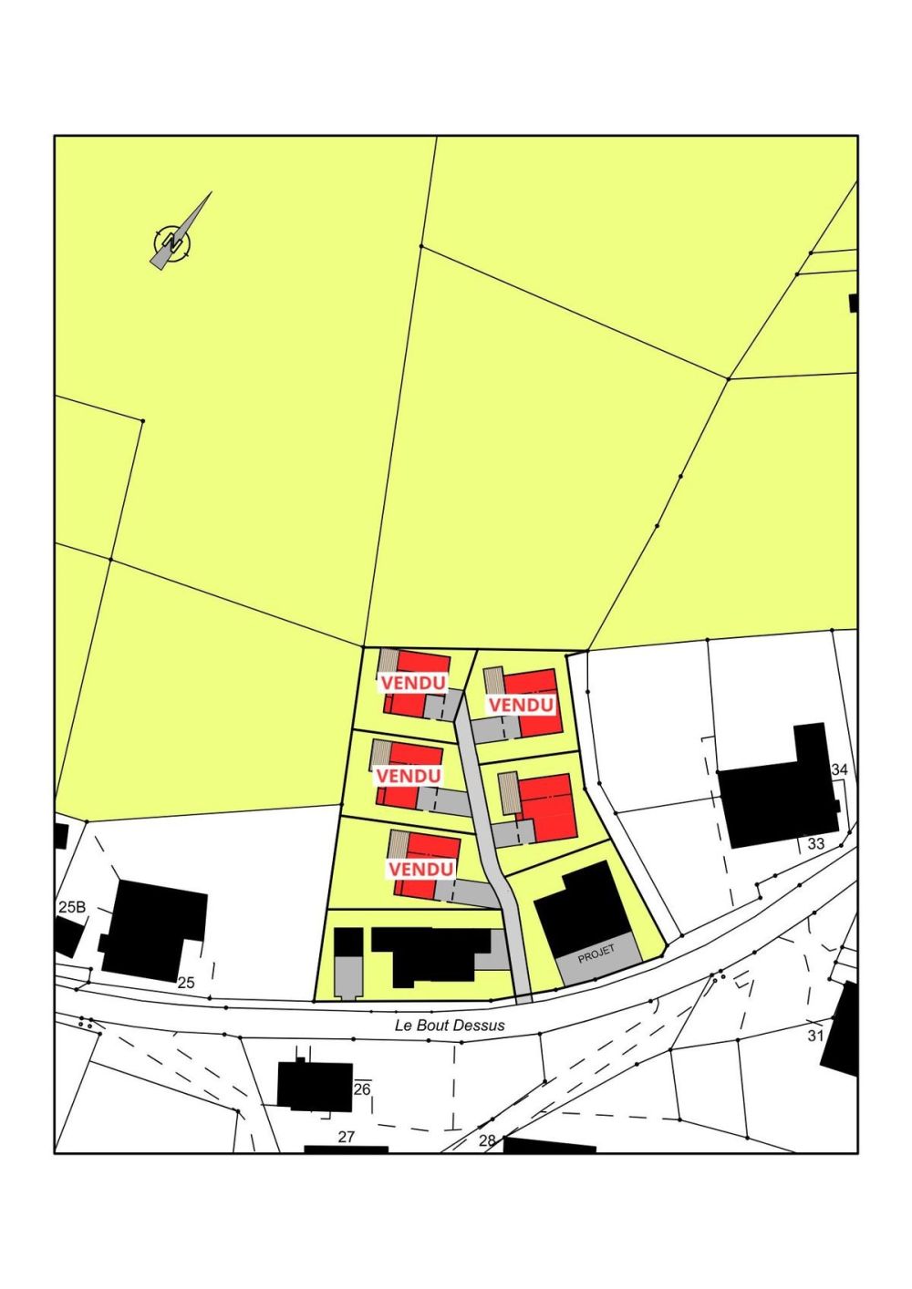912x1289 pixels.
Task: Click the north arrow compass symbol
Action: pos(172,242)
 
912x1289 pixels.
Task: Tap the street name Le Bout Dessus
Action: pos(450,1025)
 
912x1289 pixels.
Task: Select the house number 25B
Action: pos(71,907)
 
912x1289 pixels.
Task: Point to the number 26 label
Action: pos(362,1088)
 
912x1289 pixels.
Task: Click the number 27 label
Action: pos(346,1137)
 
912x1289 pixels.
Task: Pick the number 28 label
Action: pos(487,1140)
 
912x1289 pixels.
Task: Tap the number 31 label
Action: pos(815,1036)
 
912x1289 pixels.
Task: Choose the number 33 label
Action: pos(816,844)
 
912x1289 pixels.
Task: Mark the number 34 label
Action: pos(840,770)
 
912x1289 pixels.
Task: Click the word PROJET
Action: pos(596,954)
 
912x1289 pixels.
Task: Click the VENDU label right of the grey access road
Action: pos(521,705)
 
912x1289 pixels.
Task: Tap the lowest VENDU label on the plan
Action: pos(420,869)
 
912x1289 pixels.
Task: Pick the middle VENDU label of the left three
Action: pos(408,776)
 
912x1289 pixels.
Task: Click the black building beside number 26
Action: pos(315,1086)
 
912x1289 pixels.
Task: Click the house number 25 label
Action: pos(186,983)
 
